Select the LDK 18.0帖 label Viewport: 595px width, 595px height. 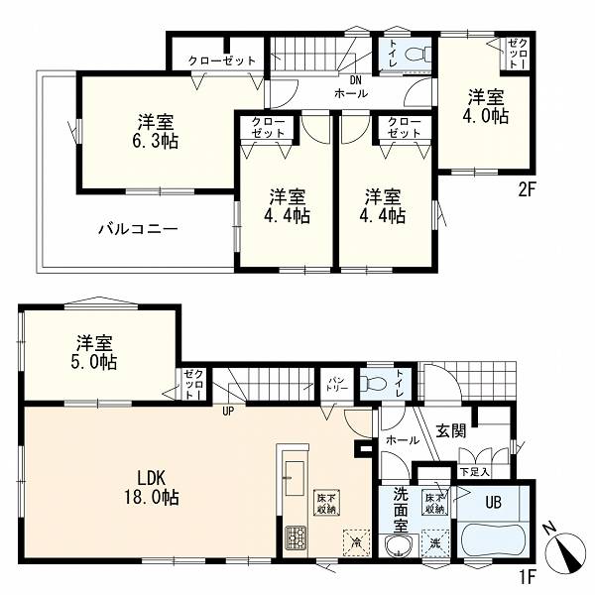(152, 488)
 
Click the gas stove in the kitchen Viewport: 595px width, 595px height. (296, 537)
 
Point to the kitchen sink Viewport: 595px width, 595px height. (295, 478)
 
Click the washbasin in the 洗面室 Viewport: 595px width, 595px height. (401, 546)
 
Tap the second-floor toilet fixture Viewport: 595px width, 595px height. (418, 54)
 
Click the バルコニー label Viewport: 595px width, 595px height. (138, 229)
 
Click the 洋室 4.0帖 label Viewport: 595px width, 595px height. (486, 107)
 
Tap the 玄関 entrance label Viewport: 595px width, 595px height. (451, 430)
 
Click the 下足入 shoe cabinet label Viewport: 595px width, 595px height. (474, 472)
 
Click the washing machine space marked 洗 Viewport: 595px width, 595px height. (435, 543)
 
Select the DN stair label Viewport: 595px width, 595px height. (356, 80)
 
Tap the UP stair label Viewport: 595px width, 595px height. (228, 412)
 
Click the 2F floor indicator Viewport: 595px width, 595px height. (527, 190)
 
